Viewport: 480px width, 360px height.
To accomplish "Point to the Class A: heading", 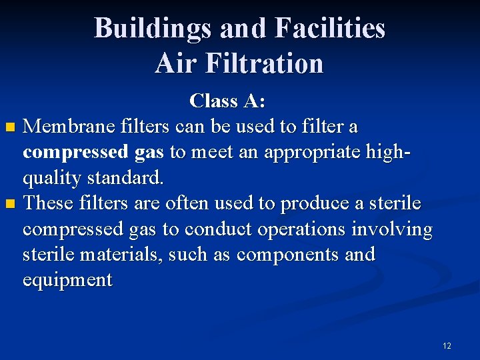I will tap(227, 101).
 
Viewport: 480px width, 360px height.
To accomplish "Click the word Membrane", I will tap(69, 126).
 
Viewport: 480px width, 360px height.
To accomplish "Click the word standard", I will tap(125, 178).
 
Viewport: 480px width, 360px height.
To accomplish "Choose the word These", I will tap(48, 203).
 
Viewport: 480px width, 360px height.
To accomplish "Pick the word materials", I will tap(114, 254).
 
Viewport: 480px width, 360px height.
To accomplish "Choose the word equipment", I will tap(67, 280).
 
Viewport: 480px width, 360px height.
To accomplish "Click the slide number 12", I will tap(447, 345).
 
